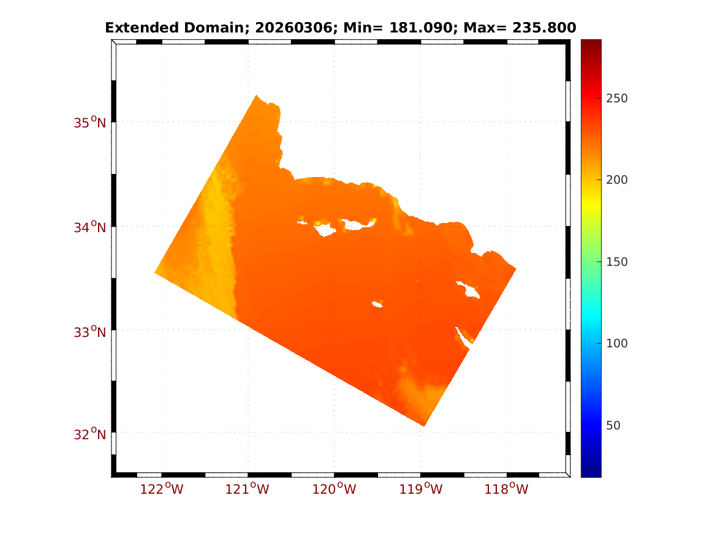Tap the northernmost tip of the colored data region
[256, 96]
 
